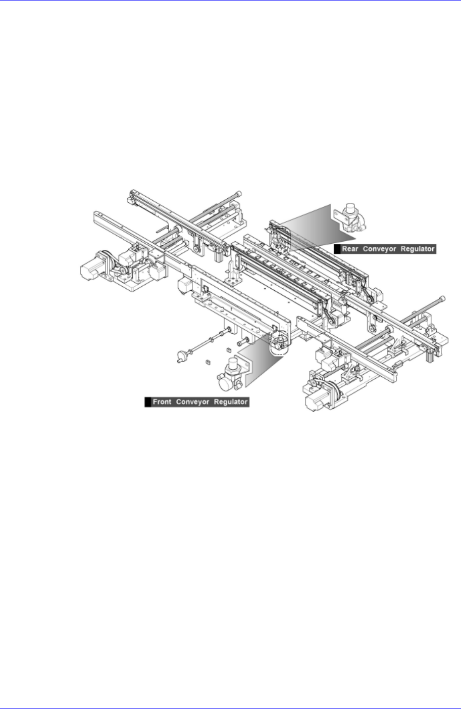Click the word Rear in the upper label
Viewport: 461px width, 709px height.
(350, 249)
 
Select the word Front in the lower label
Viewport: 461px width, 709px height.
(162, 402)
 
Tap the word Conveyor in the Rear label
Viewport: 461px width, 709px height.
(379, 249)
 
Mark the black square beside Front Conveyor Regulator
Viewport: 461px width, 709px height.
(148, 402)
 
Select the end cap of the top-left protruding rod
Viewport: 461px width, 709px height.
(238, 193)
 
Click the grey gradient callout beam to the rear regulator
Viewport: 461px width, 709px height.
(313, 228)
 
